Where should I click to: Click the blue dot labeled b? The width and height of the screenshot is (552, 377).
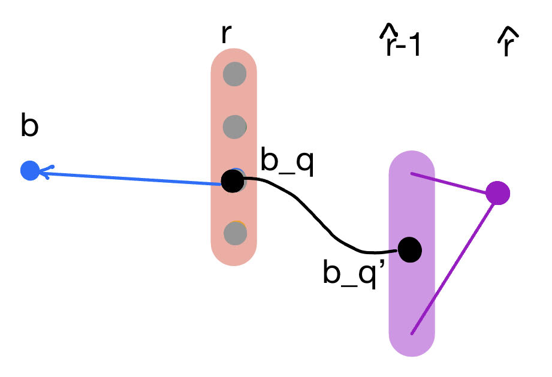29,171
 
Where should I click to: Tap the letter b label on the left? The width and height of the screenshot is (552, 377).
29,128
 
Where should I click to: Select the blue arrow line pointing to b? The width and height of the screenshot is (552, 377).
132,177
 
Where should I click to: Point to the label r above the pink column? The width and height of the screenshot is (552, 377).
225,34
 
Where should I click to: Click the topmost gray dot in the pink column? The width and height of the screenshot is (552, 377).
234,75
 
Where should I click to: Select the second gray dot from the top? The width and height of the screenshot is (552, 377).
234,126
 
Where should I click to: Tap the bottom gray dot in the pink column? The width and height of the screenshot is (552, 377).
234,233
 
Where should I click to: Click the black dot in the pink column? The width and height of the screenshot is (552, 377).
233,180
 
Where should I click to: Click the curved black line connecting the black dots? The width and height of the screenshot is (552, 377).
312,216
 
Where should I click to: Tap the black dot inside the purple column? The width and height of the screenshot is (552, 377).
410,249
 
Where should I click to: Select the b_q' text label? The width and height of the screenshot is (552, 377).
349,274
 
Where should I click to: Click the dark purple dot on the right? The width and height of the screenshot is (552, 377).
497,193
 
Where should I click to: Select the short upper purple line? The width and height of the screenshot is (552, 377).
453,184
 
